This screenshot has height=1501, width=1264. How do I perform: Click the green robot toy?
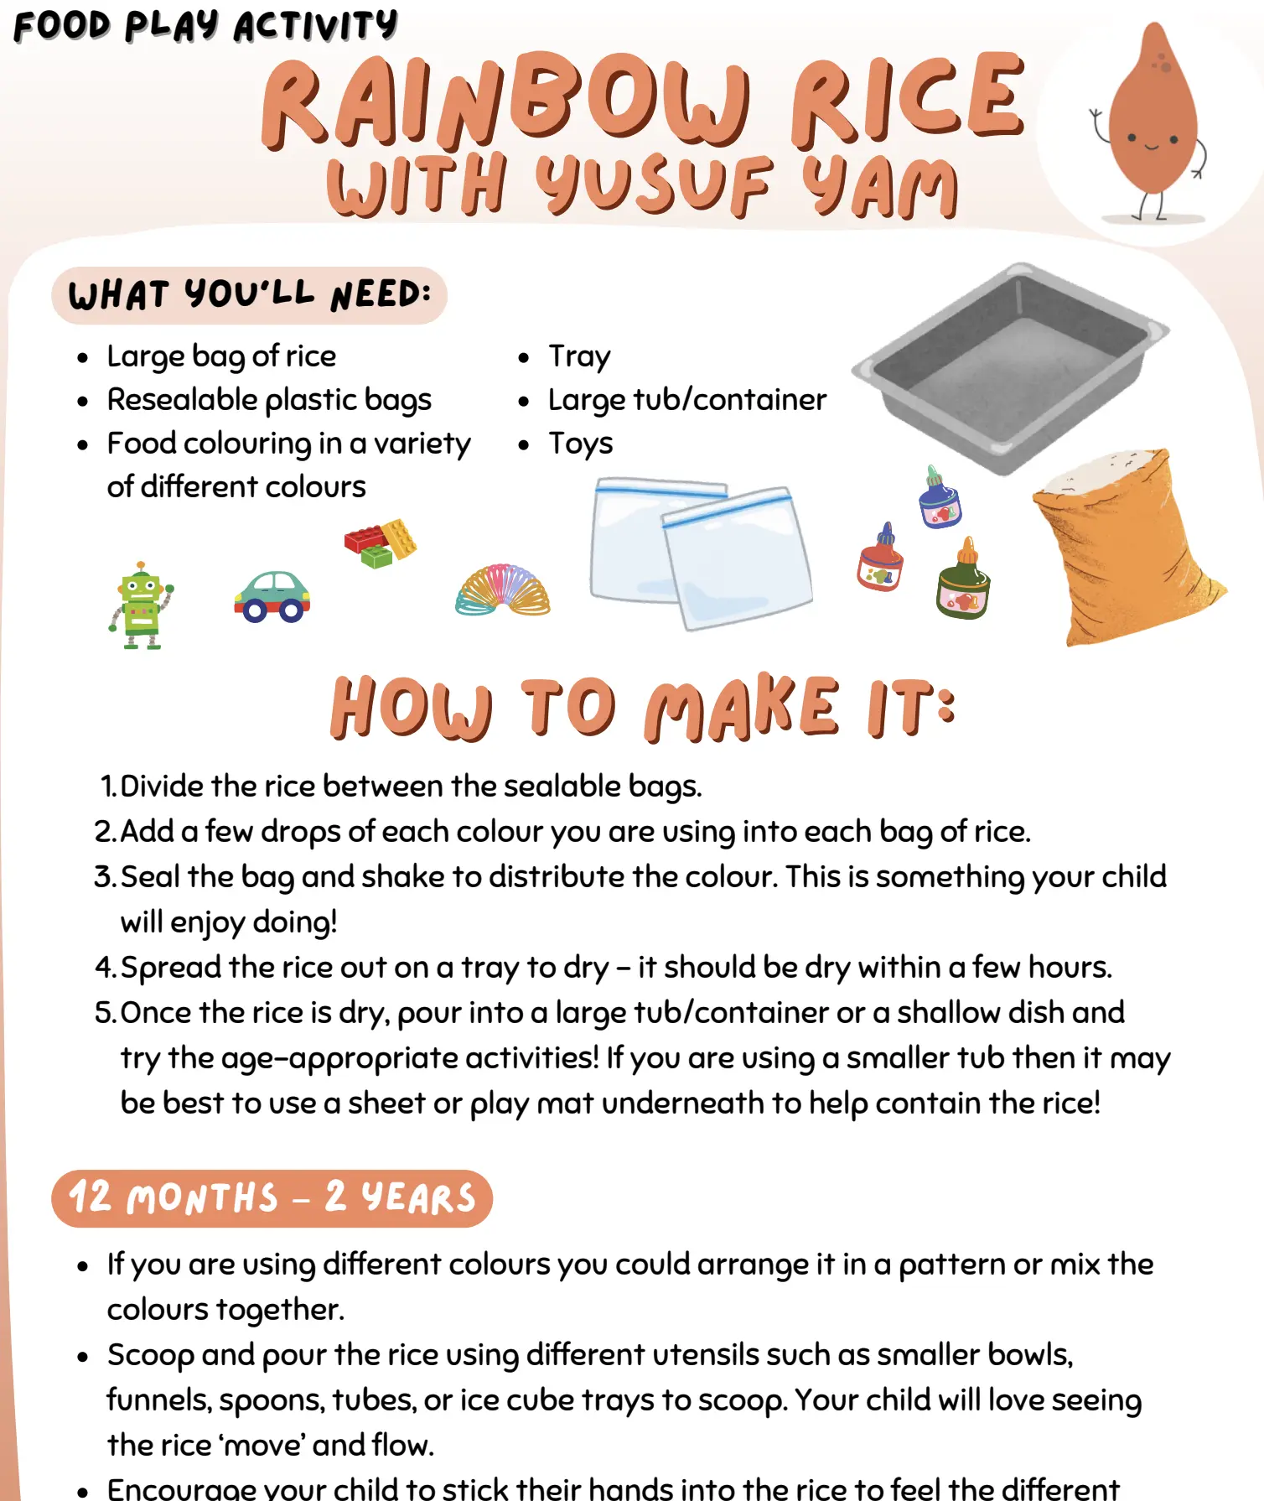(x=140, y=605)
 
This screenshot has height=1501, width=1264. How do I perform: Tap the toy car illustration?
(x=272, y=597)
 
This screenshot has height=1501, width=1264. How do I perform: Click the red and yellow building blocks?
(x=380, y=543)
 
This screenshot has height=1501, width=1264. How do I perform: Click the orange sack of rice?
(x=1123, y=547)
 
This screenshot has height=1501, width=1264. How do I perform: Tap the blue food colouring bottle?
(x=939, y=497)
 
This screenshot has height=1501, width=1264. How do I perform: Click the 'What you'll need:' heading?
(x=249, y=295)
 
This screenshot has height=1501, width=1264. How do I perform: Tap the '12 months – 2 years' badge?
(x=272, y=1198)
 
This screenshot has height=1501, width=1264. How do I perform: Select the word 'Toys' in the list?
(x=580, y=444)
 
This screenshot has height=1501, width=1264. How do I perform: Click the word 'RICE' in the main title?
(x=908, y=98)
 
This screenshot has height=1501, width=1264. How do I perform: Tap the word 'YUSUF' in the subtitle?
(x=653, y=184)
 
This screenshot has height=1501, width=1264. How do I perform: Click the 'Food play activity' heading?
(x=205, y=25)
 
